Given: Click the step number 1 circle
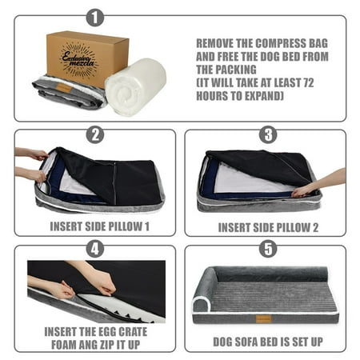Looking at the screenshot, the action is pos(95,18).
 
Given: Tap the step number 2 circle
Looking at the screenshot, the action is pos(95,134).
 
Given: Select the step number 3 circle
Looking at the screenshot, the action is pos(268,134).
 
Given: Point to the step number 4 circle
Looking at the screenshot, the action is pos(95,249).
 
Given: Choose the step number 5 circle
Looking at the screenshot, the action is pos(268,249).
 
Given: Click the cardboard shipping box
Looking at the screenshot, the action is pos(87,58).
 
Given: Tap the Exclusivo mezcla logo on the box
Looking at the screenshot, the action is pos(78,61).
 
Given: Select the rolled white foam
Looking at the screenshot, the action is pos(135,86).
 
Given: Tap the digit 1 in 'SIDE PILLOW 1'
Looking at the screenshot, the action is pos(146,226).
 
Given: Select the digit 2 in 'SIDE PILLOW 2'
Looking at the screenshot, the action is pos(315,228).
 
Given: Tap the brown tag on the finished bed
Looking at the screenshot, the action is pos(263,319).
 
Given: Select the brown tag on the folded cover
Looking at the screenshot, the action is pos(64,87).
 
